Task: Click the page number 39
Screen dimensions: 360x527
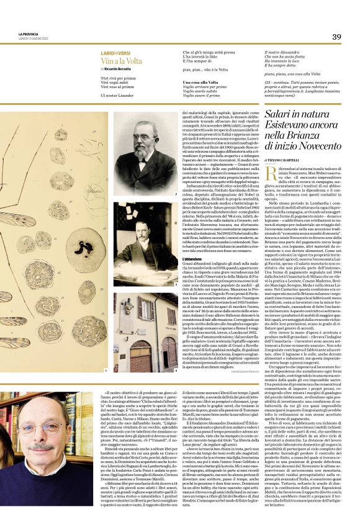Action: (x=336, y=37)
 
